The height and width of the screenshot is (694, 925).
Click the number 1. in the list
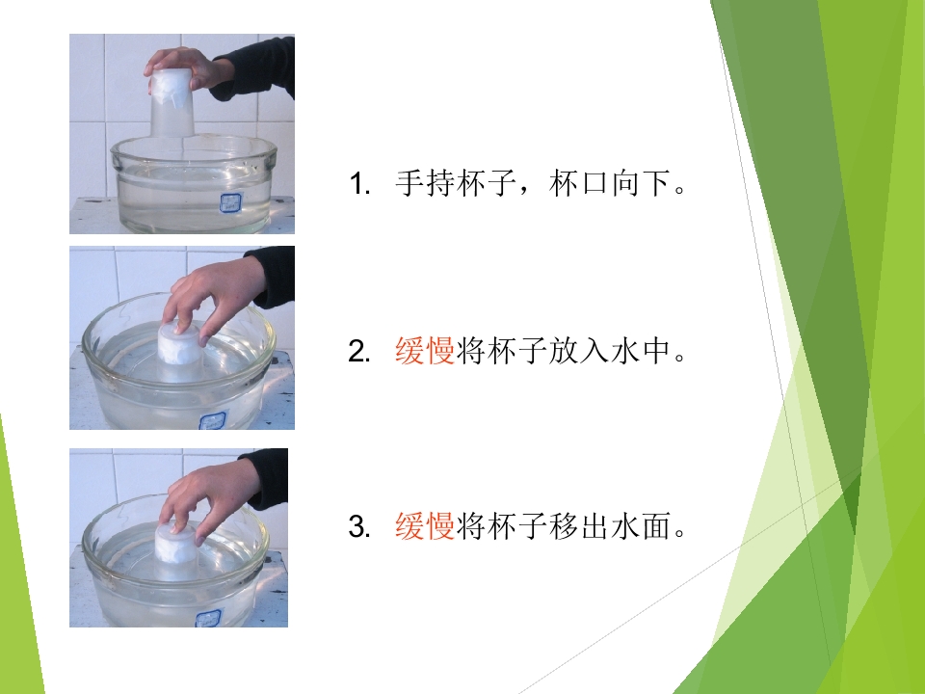pos(359,183)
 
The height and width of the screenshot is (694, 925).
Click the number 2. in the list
pos(359,353)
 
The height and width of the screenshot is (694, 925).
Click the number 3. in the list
pos(359,526)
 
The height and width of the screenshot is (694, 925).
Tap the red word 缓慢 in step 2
pos(425,351)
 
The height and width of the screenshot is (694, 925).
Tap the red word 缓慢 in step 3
pos(425,525)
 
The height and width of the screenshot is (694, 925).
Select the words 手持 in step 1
pos(425,183)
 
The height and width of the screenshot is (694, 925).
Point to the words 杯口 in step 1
pos(578,183)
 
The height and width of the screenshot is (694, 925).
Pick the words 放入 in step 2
pos(578,351)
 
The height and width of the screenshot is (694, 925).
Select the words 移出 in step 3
pos(578,525)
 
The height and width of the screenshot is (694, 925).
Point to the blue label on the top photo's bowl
pos(228,203)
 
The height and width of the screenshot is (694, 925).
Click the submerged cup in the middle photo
pos(180,351)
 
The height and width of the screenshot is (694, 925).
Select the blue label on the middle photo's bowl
pos(213,420)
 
